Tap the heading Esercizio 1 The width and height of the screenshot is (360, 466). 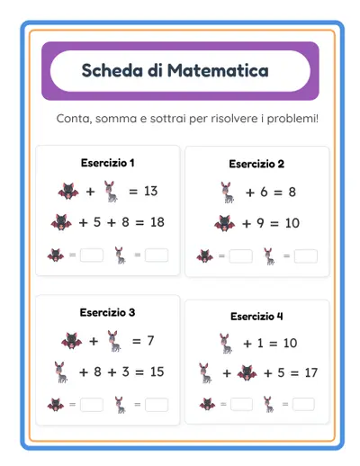(107, 163)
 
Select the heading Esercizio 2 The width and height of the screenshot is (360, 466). (256, 164)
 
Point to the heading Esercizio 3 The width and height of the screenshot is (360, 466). (107, 312)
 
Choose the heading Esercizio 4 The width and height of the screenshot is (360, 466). (256, 316)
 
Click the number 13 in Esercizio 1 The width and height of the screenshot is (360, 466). (149, 191)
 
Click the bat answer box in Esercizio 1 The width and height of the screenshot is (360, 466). (92, 255)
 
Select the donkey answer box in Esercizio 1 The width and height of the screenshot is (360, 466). (157, 255)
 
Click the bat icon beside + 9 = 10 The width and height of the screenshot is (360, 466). (225, 223)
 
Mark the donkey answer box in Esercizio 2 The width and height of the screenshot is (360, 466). (305, 256)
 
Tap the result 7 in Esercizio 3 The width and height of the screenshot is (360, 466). (149, 340)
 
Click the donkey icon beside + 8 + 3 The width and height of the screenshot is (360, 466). (60, 371)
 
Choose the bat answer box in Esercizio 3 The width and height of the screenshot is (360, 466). (92, 405)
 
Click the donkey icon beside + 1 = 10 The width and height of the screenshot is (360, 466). (225, 342)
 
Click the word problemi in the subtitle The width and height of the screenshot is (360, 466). (289, 119)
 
